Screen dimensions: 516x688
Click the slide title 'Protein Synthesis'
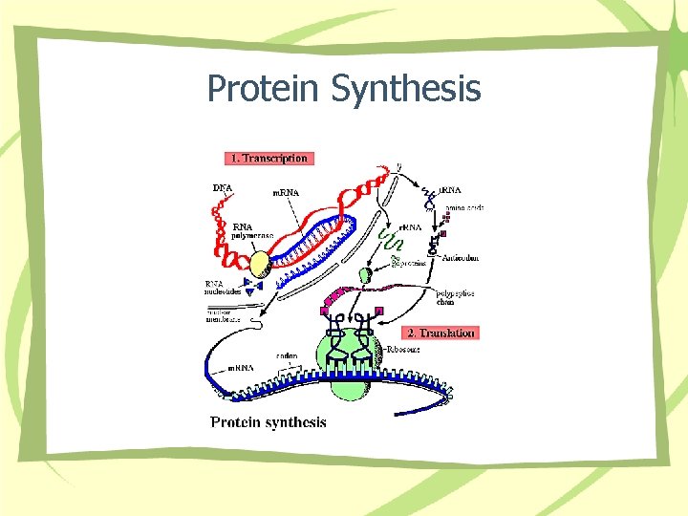(x=343, y=89)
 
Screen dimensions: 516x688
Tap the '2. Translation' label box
(x=441, y=333)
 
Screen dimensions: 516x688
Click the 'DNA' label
(x=222, y=187)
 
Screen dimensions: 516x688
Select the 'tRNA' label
(x=450, y=191)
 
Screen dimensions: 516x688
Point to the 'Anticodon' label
(x=461, y=258)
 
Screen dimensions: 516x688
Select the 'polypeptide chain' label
(x=455, y=298)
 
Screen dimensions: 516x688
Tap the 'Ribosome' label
(x=403, y=351)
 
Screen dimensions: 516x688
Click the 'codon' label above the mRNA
(x=288, y=357)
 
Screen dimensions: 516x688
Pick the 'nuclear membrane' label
(x=224, y=314)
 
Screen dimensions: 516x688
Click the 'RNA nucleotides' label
(x=226, y=288)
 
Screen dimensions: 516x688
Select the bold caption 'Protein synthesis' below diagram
(x=269, y=422)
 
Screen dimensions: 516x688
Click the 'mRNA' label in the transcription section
(x=287, y=192)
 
